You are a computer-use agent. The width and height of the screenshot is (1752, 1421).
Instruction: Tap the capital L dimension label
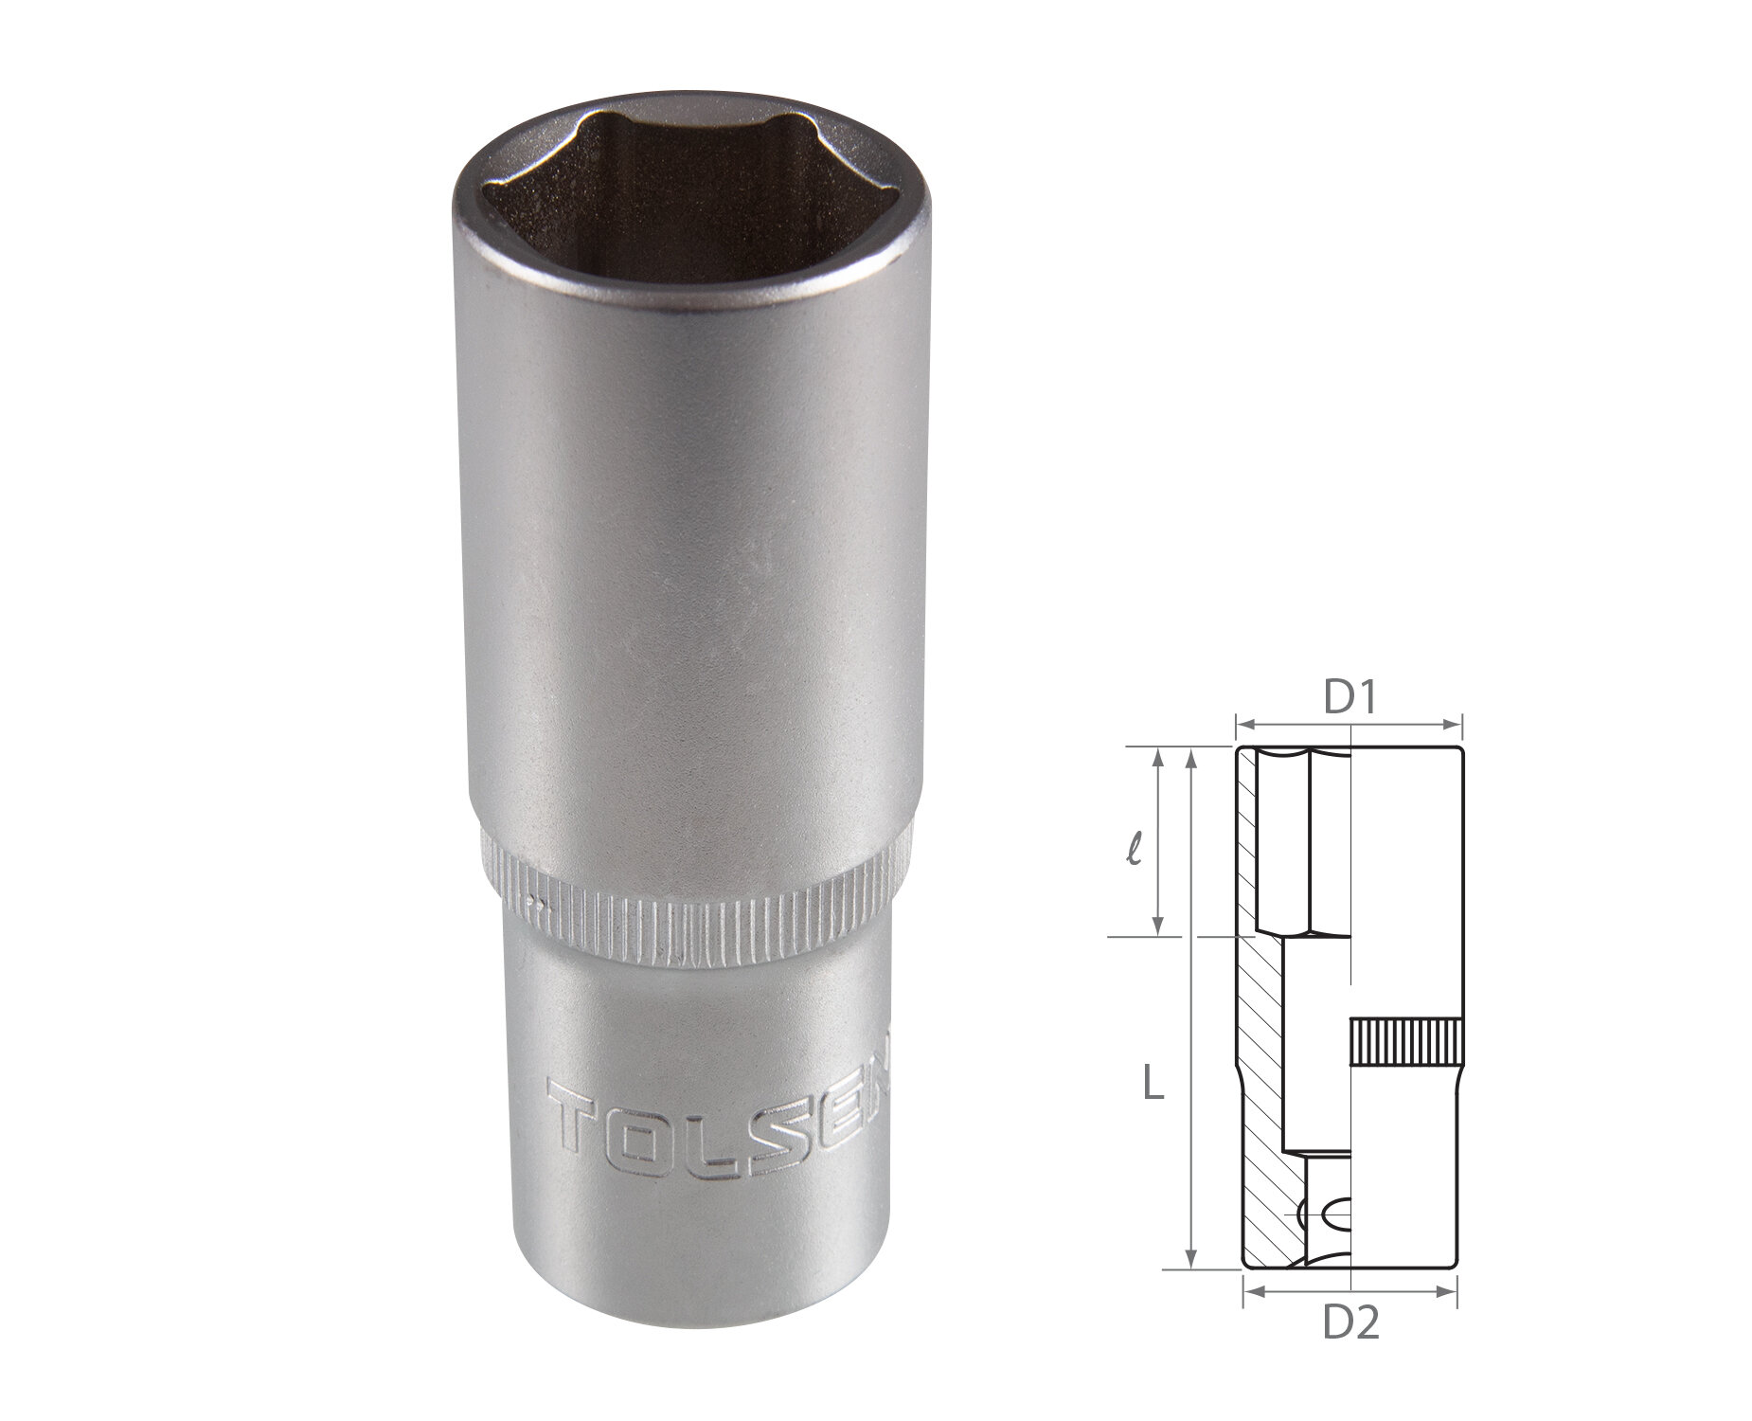coord(1152,1083)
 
